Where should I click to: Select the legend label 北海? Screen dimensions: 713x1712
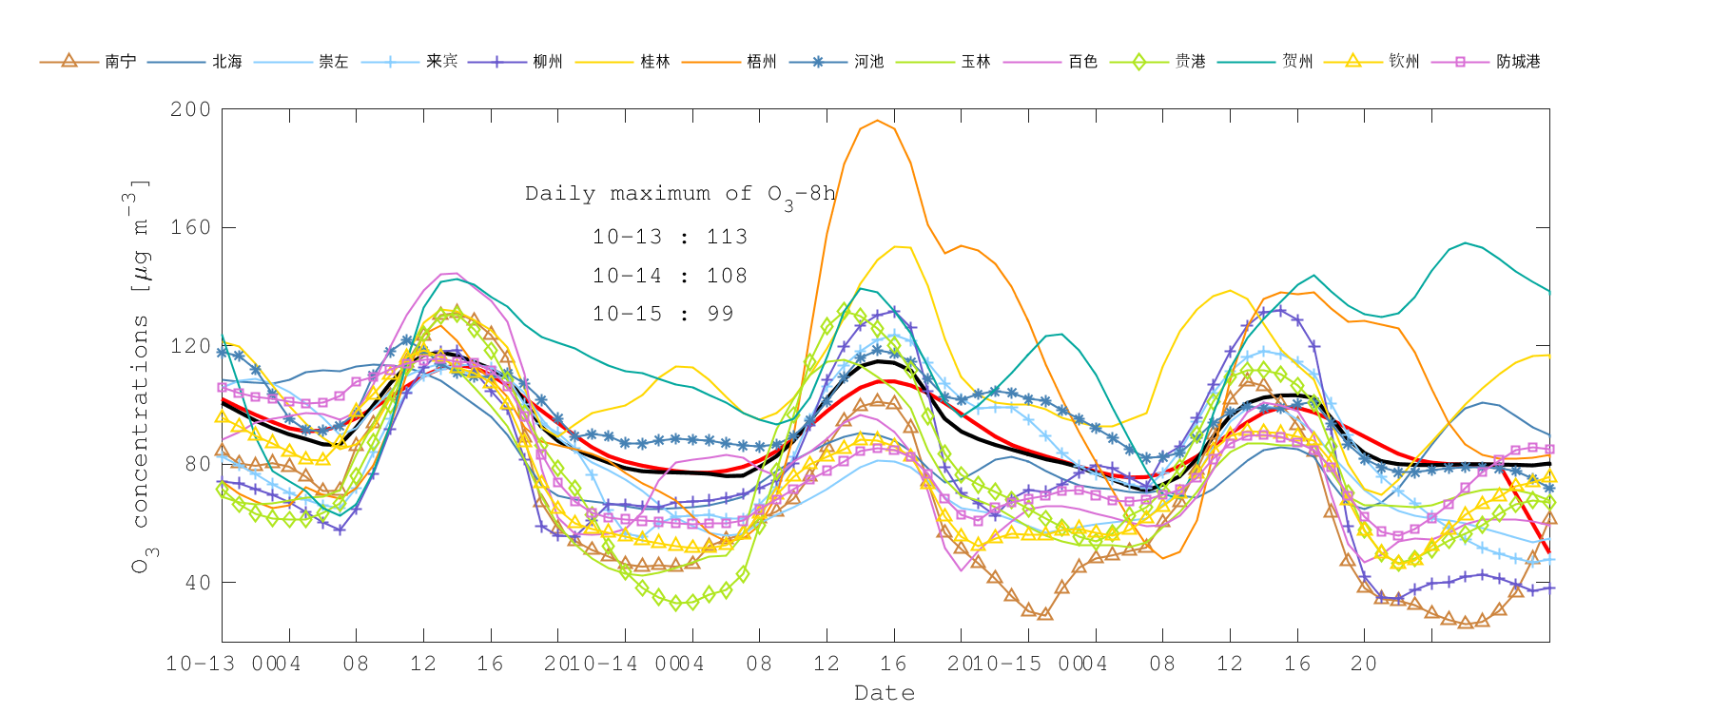(x=227, y=62)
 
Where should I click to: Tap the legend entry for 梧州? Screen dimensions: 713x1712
(x=762, y=62)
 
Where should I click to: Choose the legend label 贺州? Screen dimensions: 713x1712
(x=1297, y=62)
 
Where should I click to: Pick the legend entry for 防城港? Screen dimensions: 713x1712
(x=1518, y=62)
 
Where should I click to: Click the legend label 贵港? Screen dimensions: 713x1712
(x=1190, y=62)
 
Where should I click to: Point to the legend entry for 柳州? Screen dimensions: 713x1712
(x=548, y=62)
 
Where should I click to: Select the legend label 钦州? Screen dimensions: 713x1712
(x=1404, y=62)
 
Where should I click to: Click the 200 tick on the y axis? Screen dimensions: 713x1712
(x=190, y=109)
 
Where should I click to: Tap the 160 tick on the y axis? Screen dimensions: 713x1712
(x=190, y=227)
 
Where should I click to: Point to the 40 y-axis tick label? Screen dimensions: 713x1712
(x=197, y=582)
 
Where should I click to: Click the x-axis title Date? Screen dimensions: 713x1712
(x=885, y=693)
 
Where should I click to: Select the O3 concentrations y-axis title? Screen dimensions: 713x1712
(x=140, y=376)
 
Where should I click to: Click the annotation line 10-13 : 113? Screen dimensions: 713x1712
(x=670, y=237)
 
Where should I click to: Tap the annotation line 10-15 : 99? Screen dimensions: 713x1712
(x=663, y=314)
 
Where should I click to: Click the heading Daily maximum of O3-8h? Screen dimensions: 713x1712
(x=680, y=194)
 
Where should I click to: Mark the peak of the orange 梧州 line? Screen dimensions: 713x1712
(x=877, y=121)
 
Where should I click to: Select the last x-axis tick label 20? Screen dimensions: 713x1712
(x=1364, y=664)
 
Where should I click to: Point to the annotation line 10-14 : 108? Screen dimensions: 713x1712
(x=670, y=276)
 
